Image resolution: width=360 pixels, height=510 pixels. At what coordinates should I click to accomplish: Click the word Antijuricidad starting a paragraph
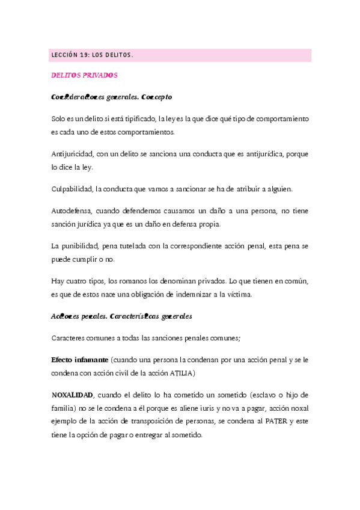tap(73, 155)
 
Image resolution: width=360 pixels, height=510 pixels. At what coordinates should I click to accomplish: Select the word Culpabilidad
tap(72, 189)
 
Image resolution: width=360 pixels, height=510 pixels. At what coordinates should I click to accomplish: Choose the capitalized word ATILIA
tap(182, 372)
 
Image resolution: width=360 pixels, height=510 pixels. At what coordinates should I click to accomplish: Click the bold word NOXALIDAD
tap(73, 395)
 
